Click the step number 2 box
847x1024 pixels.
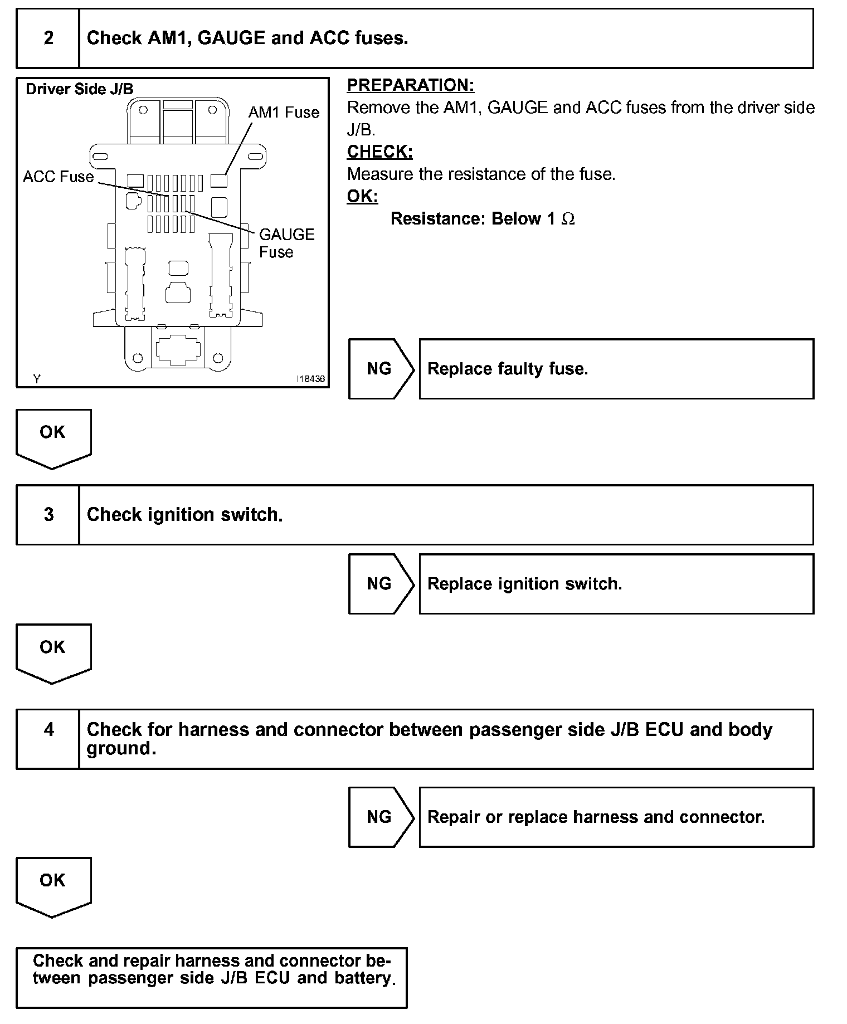tap(48, 38)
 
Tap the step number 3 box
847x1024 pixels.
tap(48, 514)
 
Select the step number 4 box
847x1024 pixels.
tap(48, 730)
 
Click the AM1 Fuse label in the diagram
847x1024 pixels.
tap(284, 113)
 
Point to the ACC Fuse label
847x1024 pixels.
tap(59, 177)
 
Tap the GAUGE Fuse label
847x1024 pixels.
tap(286, 243)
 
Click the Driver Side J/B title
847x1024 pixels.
tap(80, 89)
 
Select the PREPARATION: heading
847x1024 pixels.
tap(410, 85)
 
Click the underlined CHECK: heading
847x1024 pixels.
tap(379, 152)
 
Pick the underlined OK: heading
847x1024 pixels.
tap(362, 197)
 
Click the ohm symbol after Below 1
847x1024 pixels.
tap(568, 219)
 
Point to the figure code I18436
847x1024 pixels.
tap(310, 379)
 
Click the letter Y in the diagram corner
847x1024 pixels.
tap(37, 379)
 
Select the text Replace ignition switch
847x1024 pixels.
tap(524, 584)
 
